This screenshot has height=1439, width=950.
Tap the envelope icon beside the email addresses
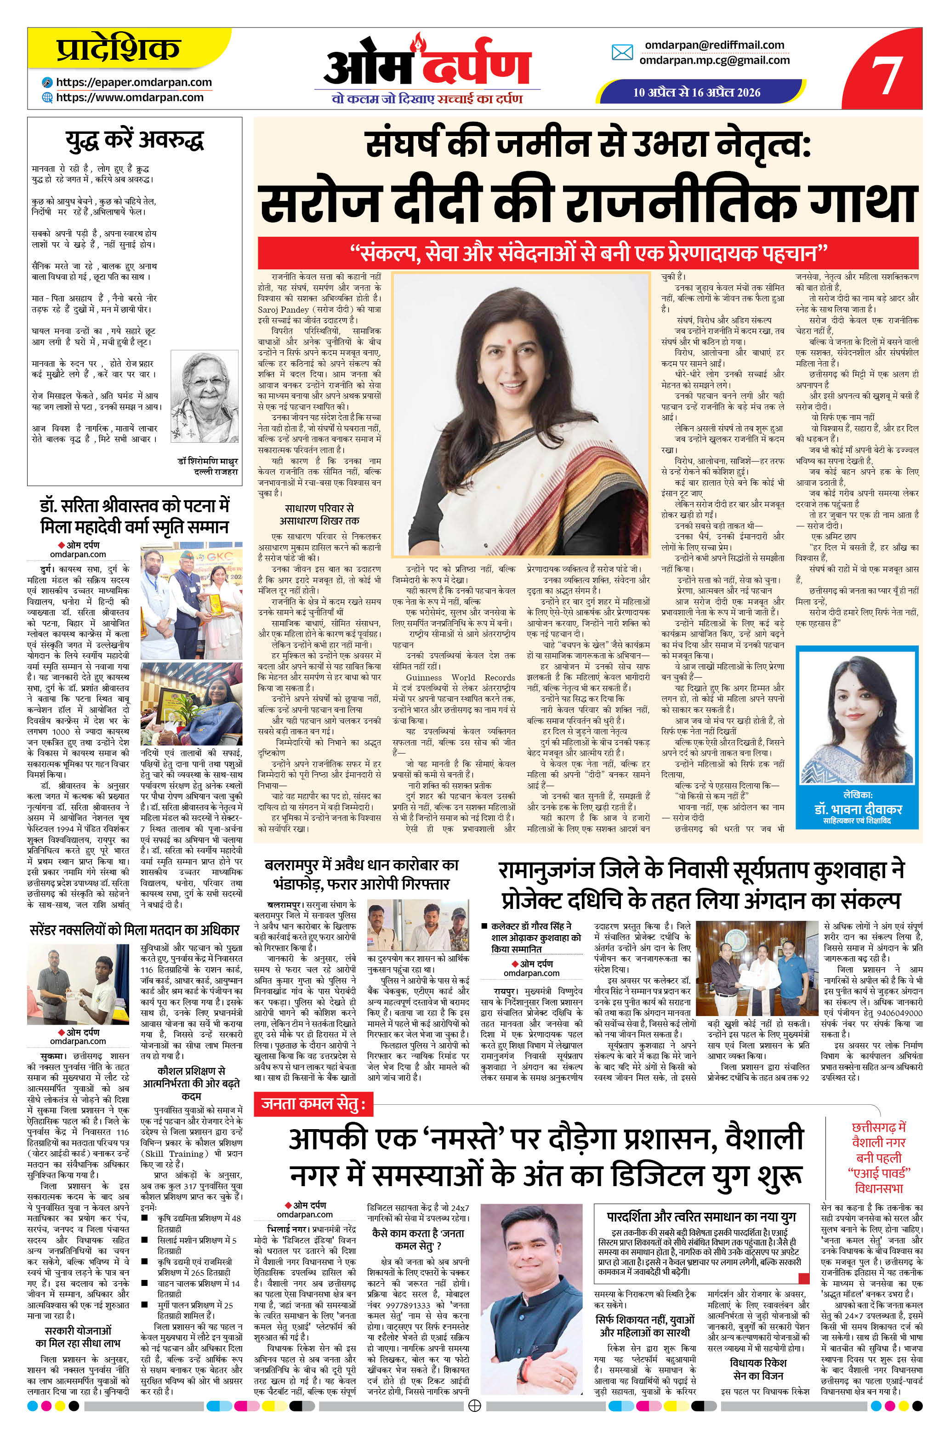coord(622,53)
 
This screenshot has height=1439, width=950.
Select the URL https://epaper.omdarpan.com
coord(133,82)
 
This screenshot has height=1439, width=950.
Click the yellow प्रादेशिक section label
coord(119,48)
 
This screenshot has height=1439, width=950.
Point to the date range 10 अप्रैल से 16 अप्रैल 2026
coord(696,93)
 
